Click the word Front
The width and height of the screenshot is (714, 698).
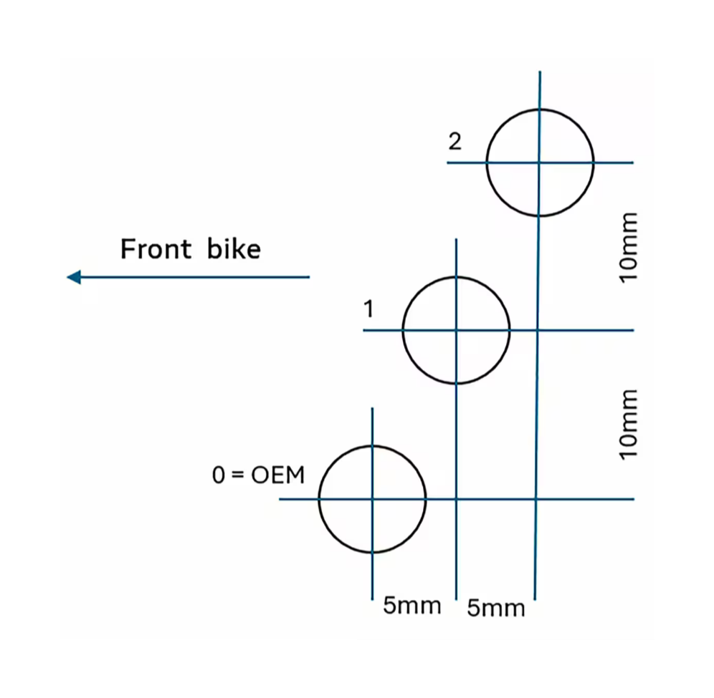click(156, 249)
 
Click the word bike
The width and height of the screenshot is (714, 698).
click(234, 249)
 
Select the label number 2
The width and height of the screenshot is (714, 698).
click(455, 142)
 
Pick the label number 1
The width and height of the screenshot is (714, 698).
click(368, 309)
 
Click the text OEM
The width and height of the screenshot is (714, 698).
click(278, 475)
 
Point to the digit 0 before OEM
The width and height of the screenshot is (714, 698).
click(219, 475)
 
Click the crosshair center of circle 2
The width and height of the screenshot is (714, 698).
click(540, 163)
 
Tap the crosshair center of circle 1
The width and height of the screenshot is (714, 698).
click(456, 330)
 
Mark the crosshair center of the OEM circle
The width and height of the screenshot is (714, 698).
click(372, 498)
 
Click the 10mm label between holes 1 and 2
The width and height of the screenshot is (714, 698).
click(628, 248)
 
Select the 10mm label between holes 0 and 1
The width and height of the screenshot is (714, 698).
click(628, 425)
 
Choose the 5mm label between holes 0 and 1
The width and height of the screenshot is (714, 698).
click(411, 606)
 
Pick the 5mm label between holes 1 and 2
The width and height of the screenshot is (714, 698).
click(496, 609)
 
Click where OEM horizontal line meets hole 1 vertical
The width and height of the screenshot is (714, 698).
click(456, 498)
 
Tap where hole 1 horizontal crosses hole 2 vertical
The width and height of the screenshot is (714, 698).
click(538, 330)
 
